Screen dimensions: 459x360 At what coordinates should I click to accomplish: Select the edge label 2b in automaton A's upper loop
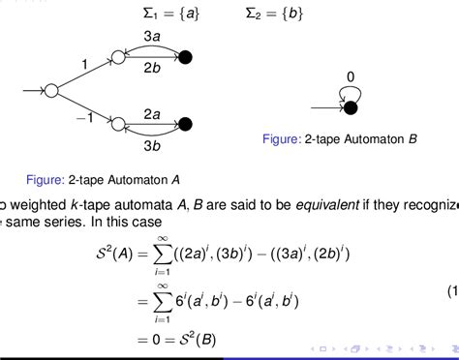pos(152,69)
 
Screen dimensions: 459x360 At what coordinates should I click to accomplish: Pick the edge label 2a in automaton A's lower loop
pos(152,114)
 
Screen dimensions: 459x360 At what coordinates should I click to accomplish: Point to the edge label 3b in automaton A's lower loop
pos(152,146)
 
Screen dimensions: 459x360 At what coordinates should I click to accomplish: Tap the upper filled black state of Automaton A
pos(187,58)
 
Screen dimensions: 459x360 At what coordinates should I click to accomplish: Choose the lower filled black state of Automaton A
pos(187,124)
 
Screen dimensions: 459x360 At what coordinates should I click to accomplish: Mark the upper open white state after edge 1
pos(118,58)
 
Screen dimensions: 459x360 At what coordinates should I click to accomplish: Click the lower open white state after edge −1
pos(118,124)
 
